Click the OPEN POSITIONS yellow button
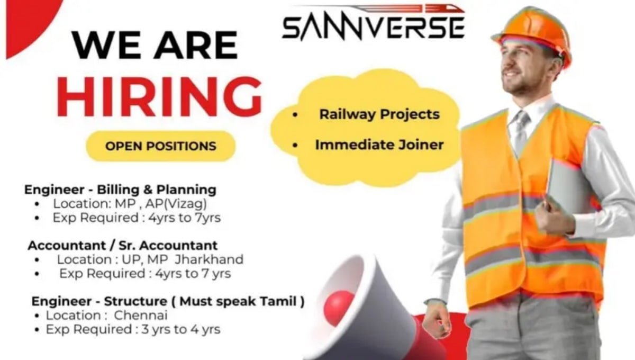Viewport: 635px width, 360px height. [x=161, y=146]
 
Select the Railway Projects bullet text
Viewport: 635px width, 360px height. [x=379, y=114]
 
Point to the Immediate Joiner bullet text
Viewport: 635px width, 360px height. [x=379, y=144]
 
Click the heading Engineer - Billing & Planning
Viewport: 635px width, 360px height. [x=121, y=189]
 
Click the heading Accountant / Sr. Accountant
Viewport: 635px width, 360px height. [x=123, y=246]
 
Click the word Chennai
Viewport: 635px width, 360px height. [x=141, y=315]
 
